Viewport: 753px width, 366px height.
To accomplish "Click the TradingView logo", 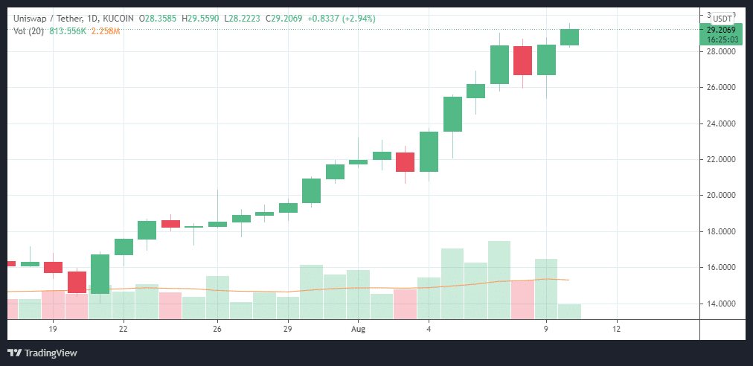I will click(x=42, y=353).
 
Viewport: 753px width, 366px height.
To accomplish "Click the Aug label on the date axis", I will click(x=359, y=328).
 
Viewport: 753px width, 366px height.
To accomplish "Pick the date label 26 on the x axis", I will click(x=217, y=328).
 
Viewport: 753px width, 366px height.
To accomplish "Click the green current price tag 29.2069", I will click(x=721, y=30).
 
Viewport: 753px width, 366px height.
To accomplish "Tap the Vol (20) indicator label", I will click(x=28, y=30).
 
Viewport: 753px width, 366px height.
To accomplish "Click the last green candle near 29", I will click(x=570, y=37).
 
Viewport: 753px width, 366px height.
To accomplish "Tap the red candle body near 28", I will click(x=522, y=60).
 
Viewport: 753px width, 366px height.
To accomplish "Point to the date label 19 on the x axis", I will click(x=53, y=328).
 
